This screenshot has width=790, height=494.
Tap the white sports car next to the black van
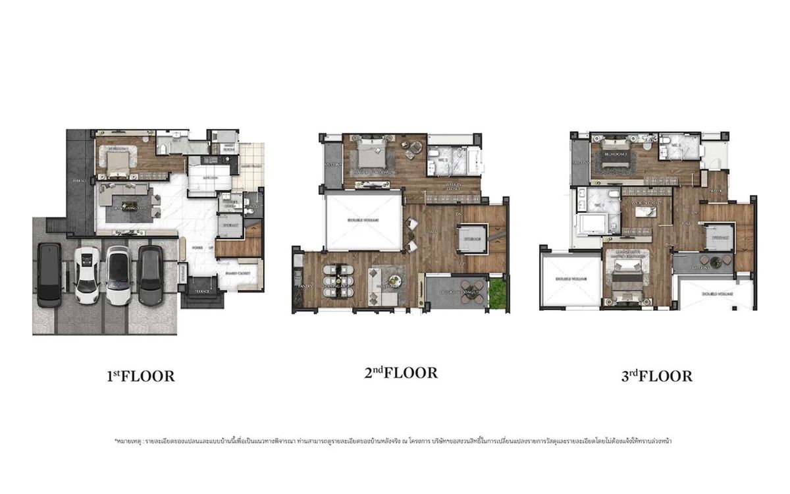(x=87, y=274)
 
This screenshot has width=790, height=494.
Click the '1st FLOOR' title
(x=140, y=377)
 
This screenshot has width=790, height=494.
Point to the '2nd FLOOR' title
(x=401, y=373)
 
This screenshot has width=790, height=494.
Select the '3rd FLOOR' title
(x=656, y=376)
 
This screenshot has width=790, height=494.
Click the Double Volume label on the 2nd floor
(x=363, y=220)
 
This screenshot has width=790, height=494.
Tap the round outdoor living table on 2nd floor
(x=470, y=294)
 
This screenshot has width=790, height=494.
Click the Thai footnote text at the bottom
(x=395, y=441)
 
